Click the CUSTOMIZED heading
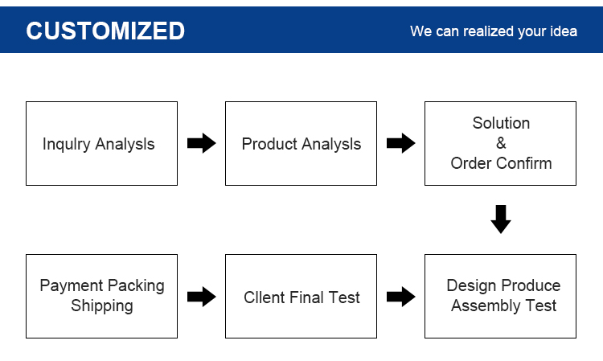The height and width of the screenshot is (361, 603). pyautogui.click(x=105, y=31)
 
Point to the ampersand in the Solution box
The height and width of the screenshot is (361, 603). pyautogui.click(x=501, y=143)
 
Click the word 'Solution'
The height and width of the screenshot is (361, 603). pyautogui.click(x=501, y=123)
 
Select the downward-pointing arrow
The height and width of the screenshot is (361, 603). pyautogui.click(x=501, y=219)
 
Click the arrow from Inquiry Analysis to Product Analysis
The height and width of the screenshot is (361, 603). pyautogui.click(x=202, y=143)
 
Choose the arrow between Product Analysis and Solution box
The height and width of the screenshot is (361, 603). pyautogui.click(x=400, y=143)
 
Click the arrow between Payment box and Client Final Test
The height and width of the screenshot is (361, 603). pyautogui.click(x=202, y=297)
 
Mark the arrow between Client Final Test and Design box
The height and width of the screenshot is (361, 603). pyautogui.click(x=400, y=297)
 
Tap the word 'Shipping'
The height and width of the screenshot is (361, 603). pyautogui.click(x=102, y=306)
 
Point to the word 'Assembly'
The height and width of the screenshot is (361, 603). pyautogui.click(x=486, y=306)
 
